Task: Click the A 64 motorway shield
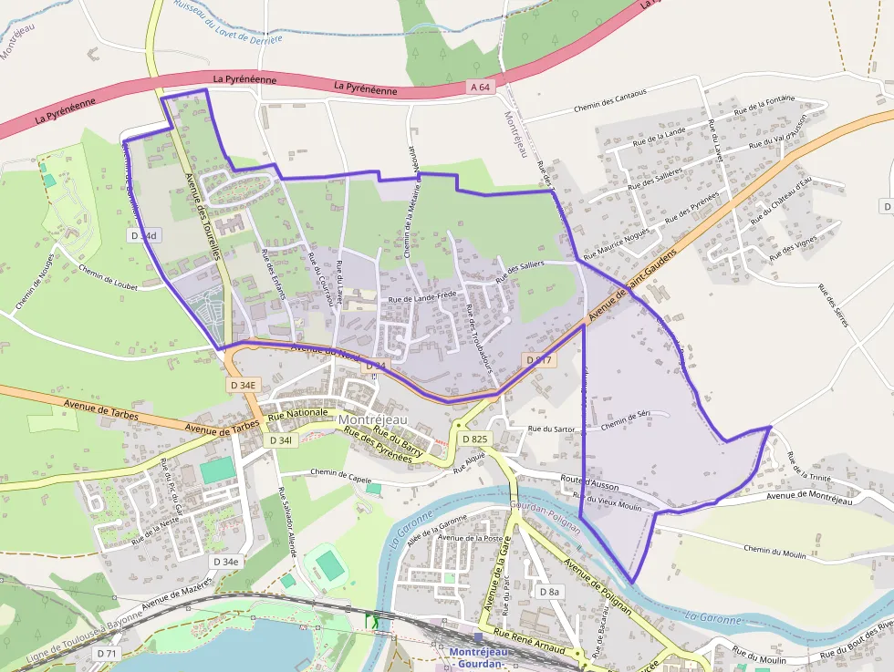[481, 87]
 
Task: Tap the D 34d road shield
[143, 235]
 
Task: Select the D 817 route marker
[539, 361]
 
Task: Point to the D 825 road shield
[474, 439]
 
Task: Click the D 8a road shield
[549, 592]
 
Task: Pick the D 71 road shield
[107, 654]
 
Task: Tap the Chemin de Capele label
[341, 473]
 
